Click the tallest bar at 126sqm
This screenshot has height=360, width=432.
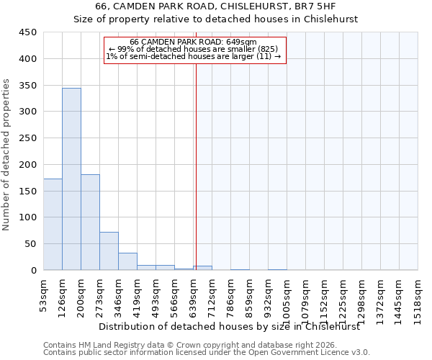71,179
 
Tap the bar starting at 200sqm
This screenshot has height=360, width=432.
90,222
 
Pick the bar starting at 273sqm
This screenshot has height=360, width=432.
109,251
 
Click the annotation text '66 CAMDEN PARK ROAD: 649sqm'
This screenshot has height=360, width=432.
193,42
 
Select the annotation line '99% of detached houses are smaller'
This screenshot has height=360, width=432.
193,49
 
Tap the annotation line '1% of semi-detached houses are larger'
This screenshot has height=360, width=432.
193,56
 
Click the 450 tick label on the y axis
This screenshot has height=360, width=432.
28,32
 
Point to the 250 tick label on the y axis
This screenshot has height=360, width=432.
28,138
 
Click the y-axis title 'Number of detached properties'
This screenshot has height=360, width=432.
6,155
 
